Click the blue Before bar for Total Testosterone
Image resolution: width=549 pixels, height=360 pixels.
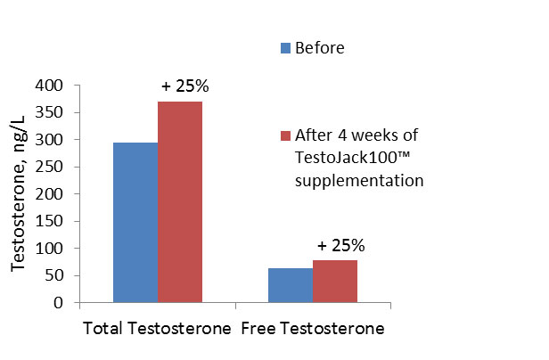pos(135,222)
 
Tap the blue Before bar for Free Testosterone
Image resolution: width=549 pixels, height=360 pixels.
pos(291,284)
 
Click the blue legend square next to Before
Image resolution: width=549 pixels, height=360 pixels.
pos(285,48)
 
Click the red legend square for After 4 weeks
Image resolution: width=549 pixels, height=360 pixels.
pos(285,136)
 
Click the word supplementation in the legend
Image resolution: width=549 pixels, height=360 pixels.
pos(352,180)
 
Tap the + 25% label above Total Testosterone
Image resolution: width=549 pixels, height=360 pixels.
pos(184,86)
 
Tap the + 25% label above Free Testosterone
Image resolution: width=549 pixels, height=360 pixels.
pos(340,245)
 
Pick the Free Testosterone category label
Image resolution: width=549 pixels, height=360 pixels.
pos(313,329)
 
